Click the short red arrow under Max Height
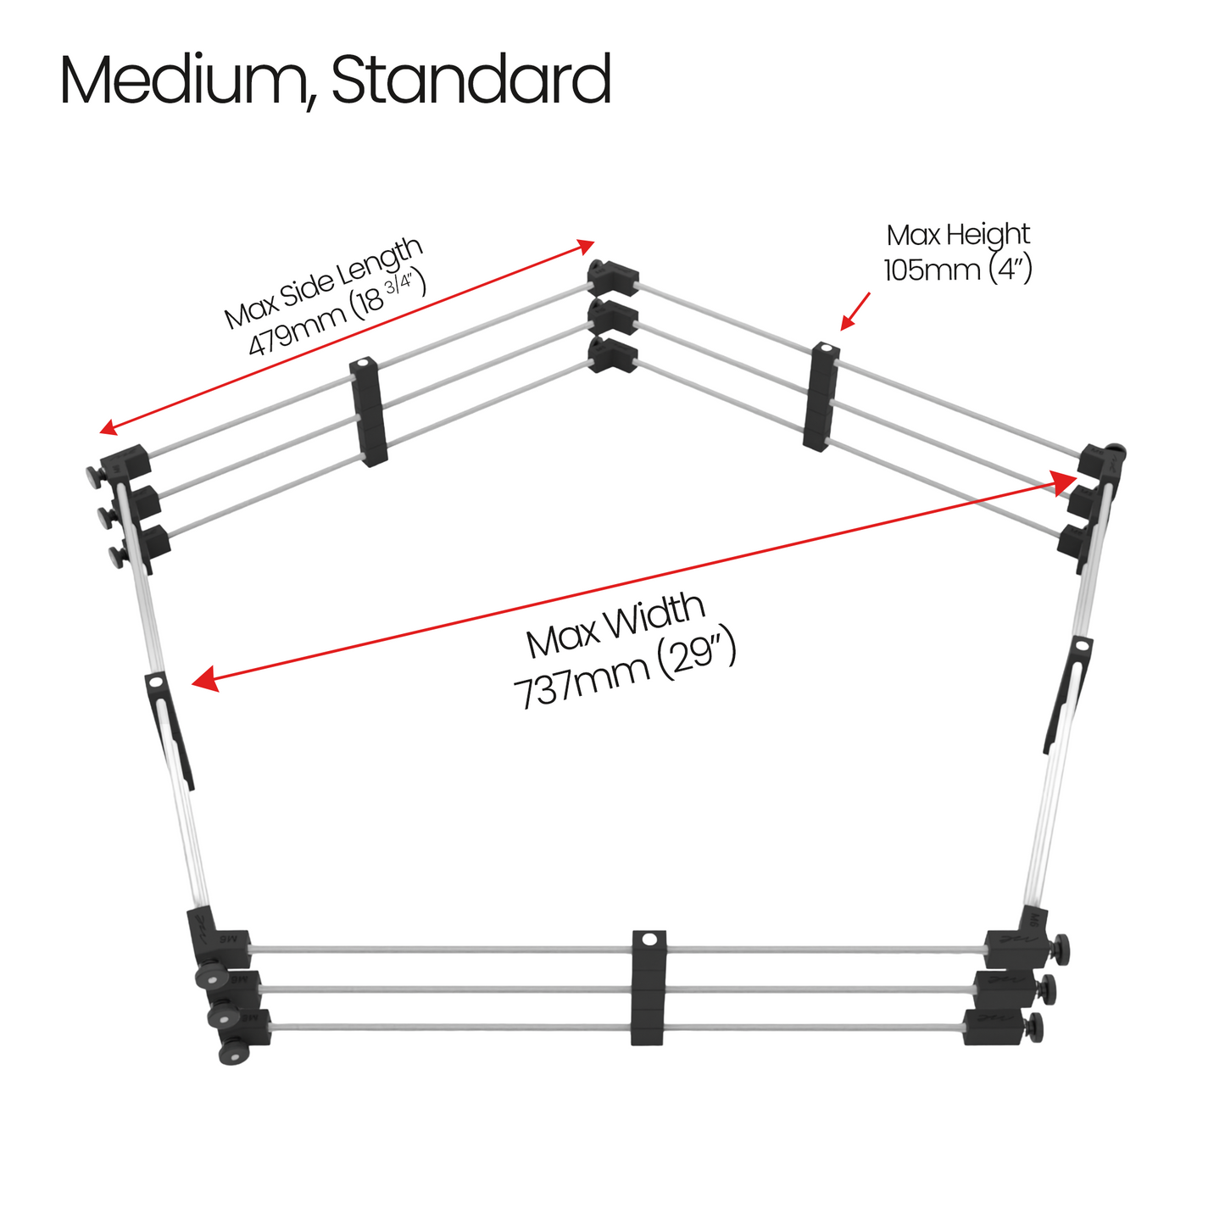click(x=855, y=311)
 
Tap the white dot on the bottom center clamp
click(x=649, y=939)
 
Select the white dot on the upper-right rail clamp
click(x=826, y=348)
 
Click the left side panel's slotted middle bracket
click(x=170, y=730)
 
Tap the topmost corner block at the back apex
click(x=613, y=277)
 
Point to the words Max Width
click(x=615, y=626)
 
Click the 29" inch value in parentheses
click(x=695, y=657)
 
